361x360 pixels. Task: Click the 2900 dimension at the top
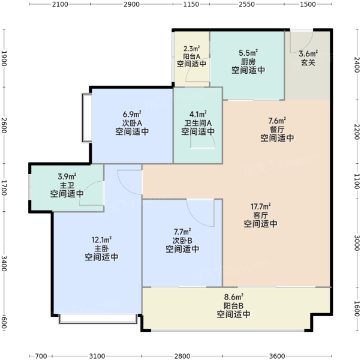(131, 4)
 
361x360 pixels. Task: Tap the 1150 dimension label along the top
(191, 4)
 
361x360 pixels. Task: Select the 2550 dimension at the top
(246, 4)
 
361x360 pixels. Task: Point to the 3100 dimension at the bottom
(97, 356)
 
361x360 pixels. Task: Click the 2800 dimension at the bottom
(182, 356)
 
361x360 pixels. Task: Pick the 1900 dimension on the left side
(4, 58)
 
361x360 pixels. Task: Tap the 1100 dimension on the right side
(357, 181)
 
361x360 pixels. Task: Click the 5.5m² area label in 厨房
(248, 53)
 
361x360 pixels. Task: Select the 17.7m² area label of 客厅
(260, 206)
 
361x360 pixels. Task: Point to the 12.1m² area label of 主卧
(101, 239)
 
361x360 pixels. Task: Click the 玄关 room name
(308, 62)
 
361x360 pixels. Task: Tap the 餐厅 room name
(277, 129)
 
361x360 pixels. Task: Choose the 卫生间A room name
(198, 123)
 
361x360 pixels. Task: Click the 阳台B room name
(233, 305)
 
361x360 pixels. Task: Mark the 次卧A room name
(132, 123)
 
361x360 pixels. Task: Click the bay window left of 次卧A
(86, 118)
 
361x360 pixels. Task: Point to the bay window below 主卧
(98, 319)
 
